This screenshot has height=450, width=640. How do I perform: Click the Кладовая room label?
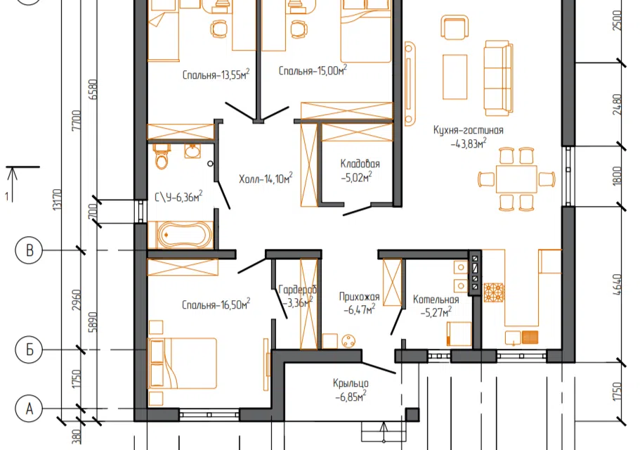click(360, 164)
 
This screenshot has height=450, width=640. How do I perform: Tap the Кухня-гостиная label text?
click(468, 130)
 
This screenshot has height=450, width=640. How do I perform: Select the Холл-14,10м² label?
click(266, 179)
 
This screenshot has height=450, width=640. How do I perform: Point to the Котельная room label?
click(436, 300)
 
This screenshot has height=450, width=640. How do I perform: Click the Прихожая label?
click(359, 297)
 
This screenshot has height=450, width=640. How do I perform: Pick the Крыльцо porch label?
click(351, 383)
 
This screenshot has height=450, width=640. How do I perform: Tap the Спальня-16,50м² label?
click(216, 304)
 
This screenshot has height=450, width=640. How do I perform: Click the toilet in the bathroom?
click(162, 155)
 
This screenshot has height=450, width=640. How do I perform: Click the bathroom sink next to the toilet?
click(192, 151)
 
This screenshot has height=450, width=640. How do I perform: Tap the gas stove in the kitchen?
click(494, 292)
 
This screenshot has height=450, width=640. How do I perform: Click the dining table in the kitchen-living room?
click(516, 179)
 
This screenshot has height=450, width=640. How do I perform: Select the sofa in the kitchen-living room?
click(498, 78)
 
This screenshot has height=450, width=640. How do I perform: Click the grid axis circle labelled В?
click(29, 250)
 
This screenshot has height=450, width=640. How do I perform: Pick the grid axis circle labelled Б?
click(29, 349)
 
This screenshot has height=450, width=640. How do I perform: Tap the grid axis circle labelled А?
click(29, 409)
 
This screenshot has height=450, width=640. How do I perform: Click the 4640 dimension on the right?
click(617, 284)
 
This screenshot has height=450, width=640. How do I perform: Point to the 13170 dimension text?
click(58, 199)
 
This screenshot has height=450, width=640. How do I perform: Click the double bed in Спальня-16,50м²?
click(183, 363)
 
